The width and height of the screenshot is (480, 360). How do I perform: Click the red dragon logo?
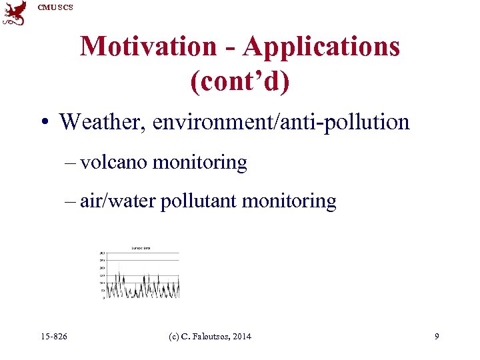14,13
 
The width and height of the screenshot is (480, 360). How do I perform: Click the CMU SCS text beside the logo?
55,7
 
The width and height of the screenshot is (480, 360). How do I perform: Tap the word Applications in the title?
321,47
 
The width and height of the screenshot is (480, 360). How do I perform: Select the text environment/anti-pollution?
281,122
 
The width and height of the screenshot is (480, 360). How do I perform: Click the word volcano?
114,162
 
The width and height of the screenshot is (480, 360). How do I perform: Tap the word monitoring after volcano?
200,162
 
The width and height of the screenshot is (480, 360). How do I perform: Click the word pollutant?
197,201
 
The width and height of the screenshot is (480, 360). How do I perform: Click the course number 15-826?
53,337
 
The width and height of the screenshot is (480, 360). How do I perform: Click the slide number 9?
437,337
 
